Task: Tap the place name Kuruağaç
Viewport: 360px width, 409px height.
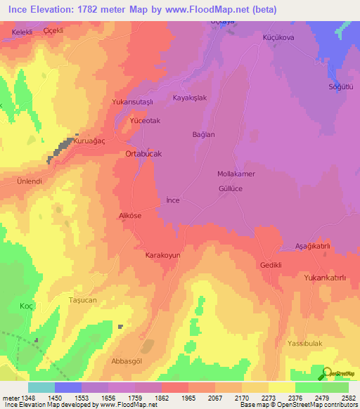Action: pos(89,141)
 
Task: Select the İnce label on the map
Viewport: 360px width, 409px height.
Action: pos(173,200)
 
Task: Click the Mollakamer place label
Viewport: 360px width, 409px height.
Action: pos(236,173)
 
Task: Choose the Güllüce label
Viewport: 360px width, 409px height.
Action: pos(231,189)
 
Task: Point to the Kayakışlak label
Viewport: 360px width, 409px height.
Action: pos(190,98)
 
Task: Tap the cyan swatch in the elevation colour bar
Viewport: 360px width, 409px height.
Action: pos(41,387)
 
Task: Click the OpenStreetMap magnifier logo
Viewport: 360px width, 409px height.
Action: pos(328,373)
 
